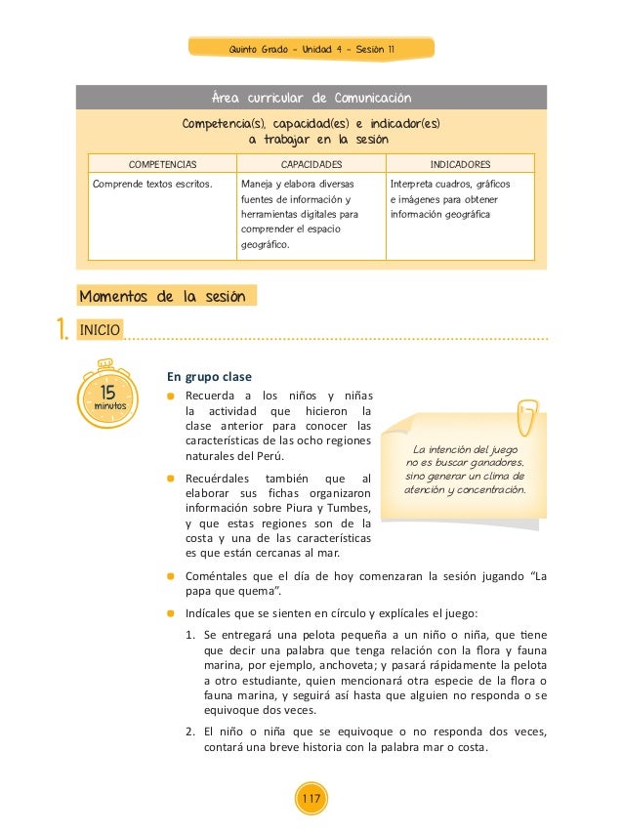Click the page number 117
point(311,800)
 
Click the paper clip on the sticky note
point(527,414)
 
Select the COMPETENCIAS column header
point(162,164)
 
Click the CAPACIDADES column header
point(311,164)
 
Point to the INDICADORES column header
point(460,164)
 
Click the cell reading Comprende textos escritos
point(151,183)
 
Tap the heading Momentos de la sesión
point(163,296)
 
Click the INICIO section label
point(101,330)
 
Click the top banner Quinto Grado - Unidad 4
point(311,49)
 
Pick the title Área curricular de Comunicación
point(311,98)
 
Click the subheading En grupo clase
point(209,376)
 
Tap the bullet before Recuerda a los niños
point(170,397)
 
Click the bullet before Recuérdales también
point(170,479)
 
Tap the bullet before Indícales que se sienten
point(170,613)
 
